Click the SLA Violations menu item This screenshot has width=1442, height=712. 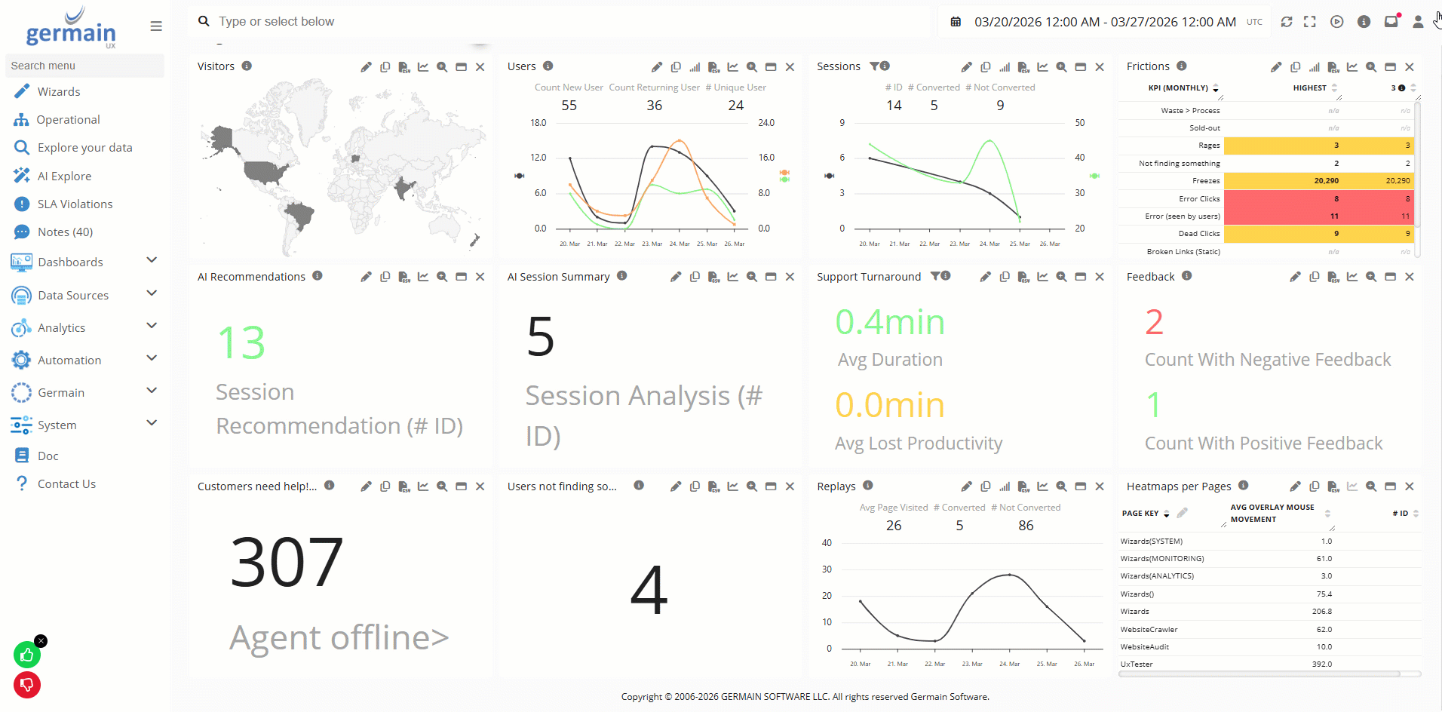[x=75, y=204]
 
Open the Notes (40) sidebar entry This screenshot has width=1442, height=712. [x=65, y=232]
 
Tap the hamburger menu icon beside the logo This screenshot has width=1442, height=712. [x=156, y=26]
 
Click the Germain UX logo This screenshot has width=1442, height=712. [x=72, y=29]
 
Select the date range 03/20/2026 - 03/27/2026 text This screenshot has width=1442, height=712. [x=1104, y=22]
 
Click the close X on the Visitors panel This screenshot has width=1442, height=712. [x=480, y=67]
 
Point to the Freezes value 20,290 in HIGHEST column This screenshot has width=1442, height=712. [x=1326, y=181]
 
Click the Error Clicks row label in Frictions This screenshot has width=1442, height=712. [x=1199, y=199]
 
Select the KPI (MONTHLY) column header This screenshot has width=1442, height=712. [x=1178, y=88]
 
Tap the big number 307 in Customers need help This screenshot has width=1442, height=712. [x=287, y=562]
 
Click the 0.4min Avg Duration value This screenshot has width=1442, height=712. [x=890, y=323]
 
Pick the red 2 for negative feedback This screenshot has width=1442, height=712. [x=1154, y=323]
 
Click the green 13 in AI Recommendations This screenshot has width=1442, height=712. [x=241, y=343]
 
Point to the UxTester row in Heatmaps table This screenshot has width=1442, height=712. [x=1137, y=664]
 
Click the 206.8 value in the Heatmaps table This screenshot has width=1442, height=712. [x=1321, y=612]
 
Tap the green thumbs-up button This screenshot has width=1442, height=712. [x=27, y=655]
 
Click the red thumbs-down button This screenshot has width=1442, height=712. [x=27, y=685]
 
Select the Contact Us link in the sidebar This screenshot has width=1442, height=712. [x=66, y=484]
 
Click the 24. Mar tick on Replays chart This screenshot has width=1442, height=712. [x=1009, y=664]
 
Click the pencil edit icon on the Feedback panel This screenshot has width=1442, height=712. [x=1295, y=277]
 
